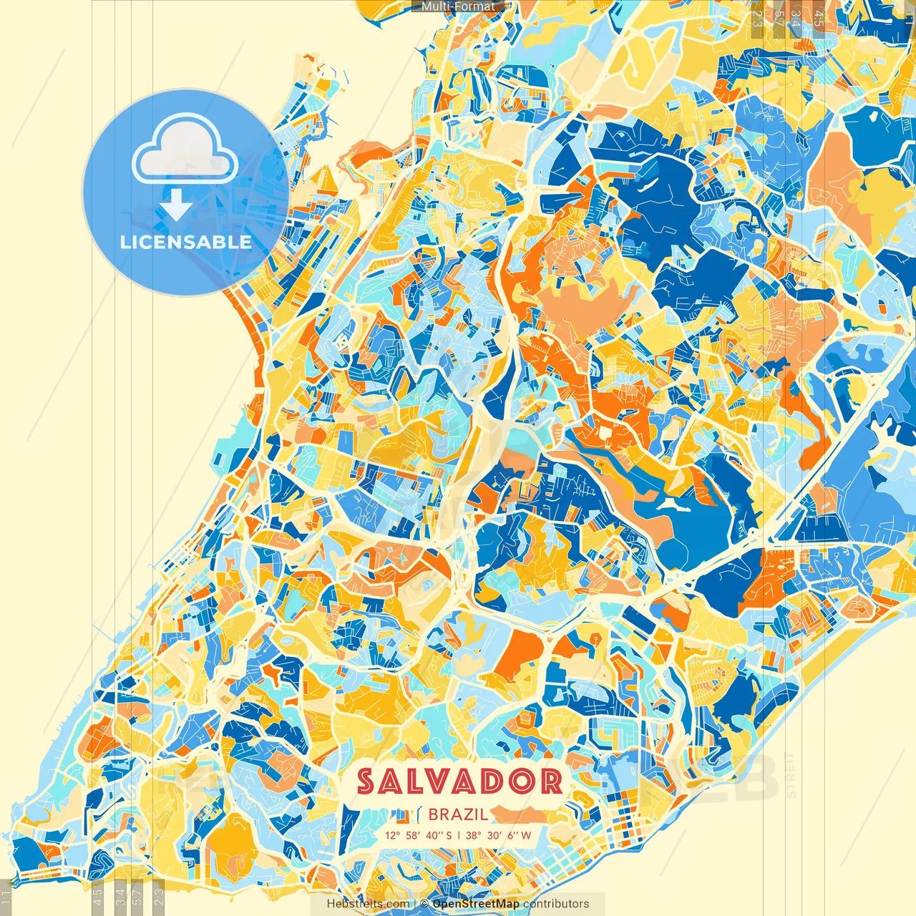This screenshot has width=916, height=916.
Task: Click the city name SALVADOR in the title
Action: point(459,781)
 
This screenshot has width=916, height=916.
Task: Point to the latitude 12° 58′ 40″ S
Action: point(419,835)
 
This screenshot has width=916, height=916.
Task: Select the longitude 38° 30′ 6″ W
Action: point(499,835)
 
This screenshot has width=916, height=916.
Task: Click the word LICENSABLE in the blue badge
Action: point(186,242)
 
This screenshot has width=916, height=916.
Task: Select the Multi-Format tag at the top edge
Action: point(458,6)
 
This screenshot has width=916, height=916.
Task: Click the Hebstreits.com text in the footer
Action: point(369,904)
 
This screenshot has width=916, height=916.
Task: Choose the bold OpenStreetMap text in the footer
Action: point(476,904)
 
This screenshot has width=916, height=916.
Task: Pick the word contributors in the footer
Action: point(556,904)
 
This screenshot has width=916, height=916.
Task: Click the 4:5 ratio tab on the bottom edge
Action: point(98,895)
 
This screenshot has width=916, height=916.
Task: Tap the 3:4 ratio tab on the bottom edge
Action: point(120,895)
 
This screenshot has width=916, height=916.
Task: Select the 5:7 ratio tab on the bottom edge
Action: point(137,895)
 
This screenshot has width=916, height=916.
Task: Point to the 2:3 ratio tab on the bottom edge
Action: point(159,895)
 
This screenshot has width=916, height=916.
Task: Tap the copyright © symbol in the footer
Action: point(424,904)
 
